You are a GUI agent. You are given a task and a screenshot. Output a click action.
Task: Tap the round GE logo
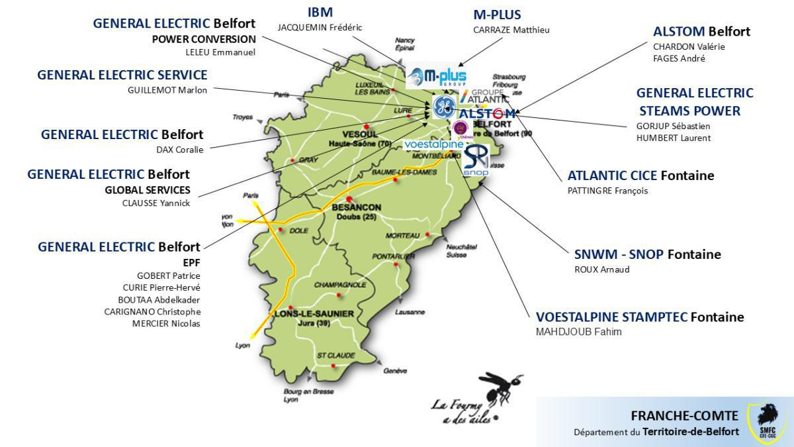(x=443, y=107)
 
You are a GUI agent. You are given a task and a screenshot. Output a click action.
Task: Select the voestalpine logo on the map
(x=433, y=144)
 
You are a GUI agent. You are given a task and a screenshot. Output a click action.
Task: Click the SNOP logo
(x=476, y=161)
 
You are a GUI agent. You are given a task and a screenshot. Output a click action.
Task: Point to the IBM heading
(x=320, y=12)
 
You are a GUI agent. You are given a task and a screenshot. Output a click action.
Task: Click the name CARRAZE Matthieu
(x=511, y=30)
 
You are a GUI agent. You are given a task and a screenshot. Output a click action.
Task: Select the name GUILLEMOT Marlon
(x=167, y=90)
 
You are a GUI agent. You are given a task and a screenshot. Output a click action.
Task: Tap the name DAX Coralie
(x=180, y=149)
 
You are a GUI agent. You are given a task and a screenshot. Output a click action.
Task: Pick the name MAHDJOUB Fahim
(x=578, y=332)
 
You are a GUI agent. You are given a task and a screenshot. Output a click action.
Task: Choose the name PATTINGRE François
(x=608, y=191)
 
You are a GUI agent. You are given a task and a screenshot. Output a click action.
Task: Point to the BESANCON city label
(x=356, y=207)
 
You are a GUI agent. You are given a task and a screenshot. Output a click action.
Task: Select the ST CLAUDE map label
(x=336, y=356)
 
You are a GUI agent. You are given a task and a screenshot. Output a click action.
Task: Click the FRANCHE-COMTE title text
(x=684, y=416)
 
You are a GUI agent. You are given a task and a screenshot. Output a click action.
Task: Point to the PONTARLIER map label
(x=389, y=256)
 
